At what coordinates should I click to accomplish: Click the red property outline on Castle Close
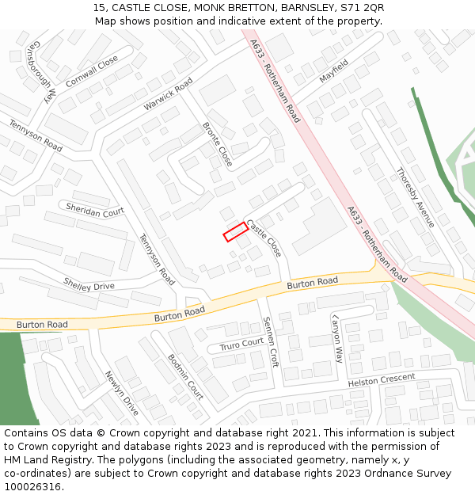pyautogui.click(x=235, y=232)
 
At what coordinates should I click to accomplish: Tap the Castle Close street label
pyautogui.click(x=264, y=238)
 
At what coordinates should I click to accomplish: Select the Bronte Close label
pyautogui.click(x=218, y=144)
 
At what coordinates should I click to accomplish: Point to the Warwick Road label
pyautogui.click(x=169, y=94)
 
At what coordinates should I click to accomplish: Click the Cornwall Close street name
pyautogui.click(x=92, y=71)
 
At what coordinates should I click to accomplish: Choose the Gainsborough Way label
pyautogui.click(x=42, y=70)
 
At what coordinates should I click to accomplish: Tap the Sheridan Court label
pyautogui.click(x=95, y=211)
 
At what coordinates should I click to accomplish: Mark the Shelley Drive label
pyautogui.click(x=89, y=284)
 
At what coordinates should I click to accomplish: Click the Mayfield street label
pyautogui.click(x=333, y=71)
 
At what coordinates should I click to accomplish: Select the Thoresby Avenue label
pyautogui.click(x=416, y=196)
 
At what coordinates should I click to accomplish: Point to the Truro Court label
pyautogui.click(x=241, y=344)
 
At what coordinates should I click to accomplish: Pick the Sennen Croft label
pyautogui.click(x=269, y=341)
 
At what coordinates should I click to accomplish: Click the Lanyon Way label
pyautogui.click(x=338, y=337)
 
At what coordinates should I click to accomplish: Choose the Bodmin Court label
pyautogui.click(x=185, y=376)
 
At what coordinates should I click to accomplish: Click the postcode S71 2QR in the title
pyautogui.click(x=362, y=8)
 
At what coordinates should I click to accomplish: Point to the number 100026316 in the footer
pyautogui.click(x=32, y=487)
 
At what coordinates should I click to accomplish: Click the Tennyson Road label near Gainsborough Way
pyautogui.click(x=36, y=135)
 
